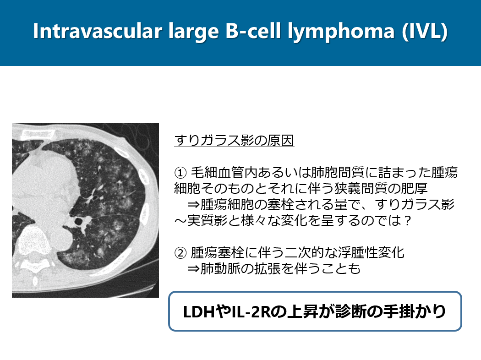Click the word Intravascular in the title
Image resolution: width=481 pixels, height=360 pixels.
[x=98, y=31]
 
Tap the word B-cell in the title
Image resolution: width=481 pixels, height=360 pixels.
[x=253, y=31]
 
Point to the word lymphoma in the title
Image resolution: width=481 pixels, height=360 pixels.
[x=341, y=32]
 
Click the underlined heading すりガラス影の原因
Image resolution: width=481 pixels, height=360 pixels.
[x=235, y=140]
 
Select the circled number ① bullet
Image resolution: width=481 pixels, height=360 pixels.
[x=180, y=173]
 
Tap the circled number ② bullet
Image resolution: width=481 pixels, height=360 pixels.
[x=180, y=253]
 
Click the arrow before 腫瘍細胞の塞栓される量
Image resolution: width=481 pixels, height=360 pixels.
[x=194, y=205]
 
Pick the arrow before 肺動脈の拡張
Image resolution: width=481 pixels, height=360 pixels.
[x=194, y=269]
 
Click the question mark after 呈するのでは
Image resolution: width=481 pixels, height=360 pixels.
[x=407, y=220]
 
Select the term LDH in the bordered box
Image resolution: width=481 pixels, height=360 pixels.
[x=199, y=311]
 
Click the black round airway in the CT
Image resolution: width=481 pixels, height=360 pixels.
[x=78, y=221]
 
